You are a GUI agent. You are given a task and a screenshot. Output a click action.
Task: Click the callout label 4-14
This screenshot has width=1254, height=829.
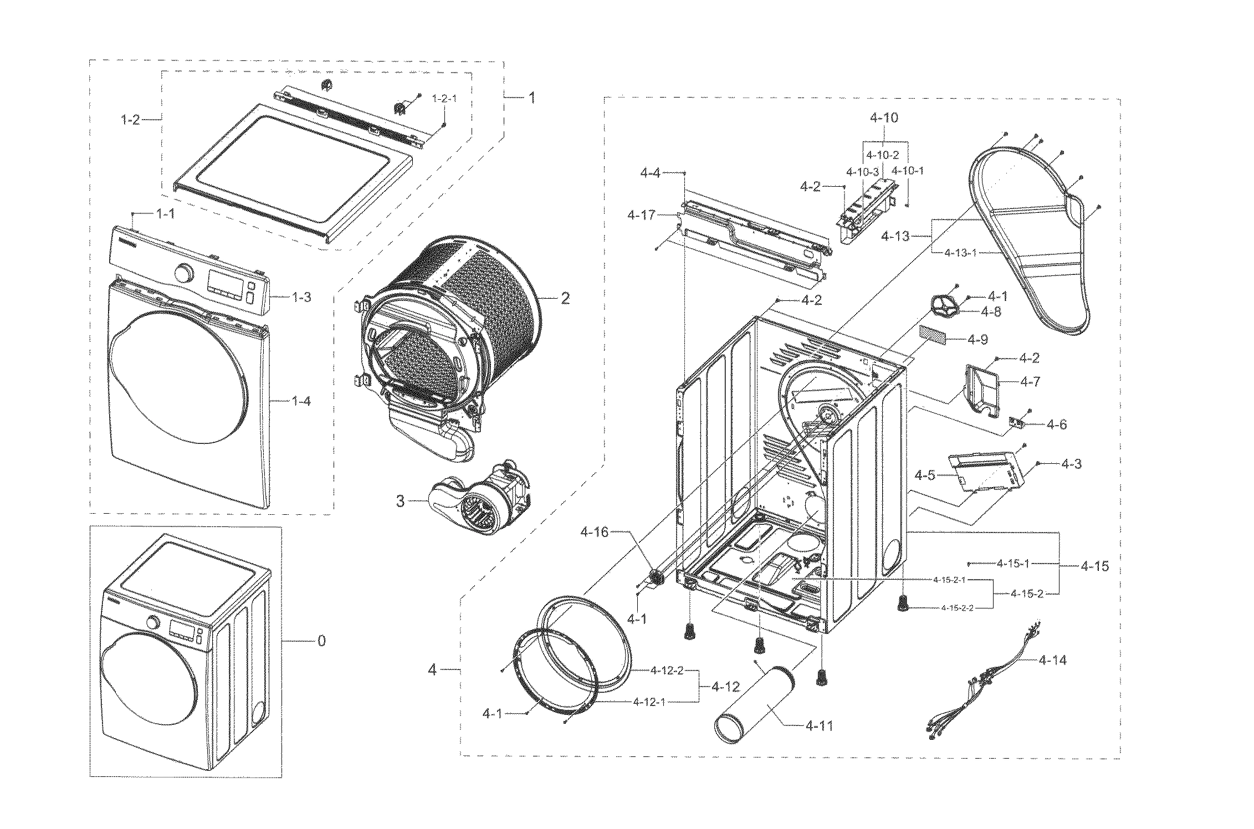[x=1052, y=659]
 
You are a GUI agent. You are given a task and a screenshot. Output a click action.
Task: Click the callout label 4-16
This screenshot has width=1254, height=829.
[x=594, y=533]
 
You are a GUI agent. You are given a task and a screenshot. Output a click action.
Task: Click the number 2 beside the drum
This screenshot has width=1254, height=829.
[x=565, y=299]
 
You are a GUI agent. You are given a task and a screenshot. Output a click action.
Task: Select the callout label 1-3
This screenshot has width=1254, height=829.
[x=301, y=297]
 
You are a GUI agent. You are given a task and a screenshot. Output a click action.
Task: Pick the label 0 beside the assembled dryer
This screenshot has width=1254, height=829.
[x=321, y=641]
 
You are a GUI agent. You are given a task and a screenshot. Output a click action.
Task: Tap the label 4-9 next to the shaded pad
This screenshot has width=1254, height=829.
[x=977, y=339]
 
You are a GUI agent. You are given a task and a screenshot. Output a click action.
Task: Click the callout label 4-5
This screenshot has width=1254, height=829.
[x=925, y=475]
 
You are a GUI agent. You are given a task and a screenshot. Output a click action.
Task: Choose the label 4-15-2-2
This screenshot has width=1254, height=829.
[x=957, y=608]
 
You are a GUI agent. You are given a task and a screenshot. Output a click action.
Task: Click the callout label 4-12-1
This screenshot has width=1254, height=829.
[x=648, y=702]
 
